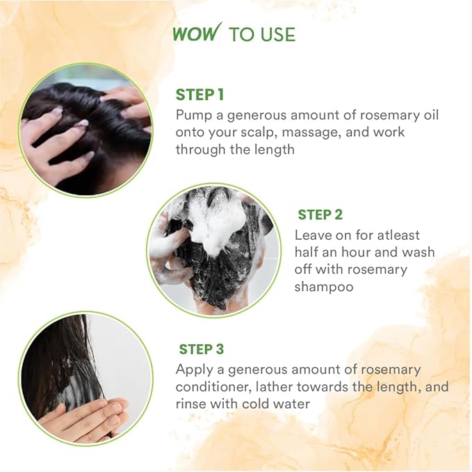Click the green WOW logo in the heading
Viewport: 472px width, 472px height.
click(x=197, y=33)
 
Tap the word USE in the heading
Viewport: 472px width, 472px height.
click(x=277, y=35)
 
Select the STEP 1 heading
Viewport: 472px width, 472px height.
click(x=200, y=95)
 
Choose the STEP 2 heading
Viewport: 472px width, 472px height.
click(x=320, y=215)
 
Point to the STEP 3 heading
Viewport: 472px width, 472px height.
click(x=202, y=349)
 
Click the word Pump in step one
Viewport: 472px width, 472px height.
click(x=193, y=114)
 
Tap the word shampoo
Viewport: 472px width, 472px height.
click(x=323, y=286)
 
